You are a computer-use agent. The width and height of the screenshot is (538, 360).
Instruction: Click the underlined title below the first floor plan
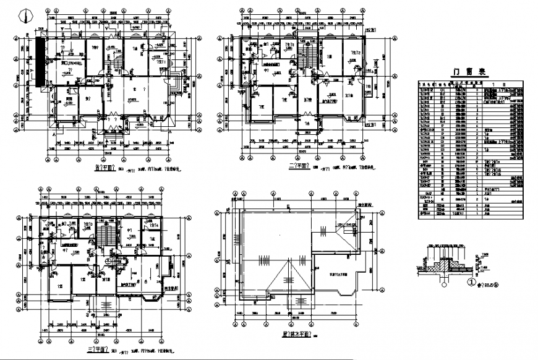tap(106, 167)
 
